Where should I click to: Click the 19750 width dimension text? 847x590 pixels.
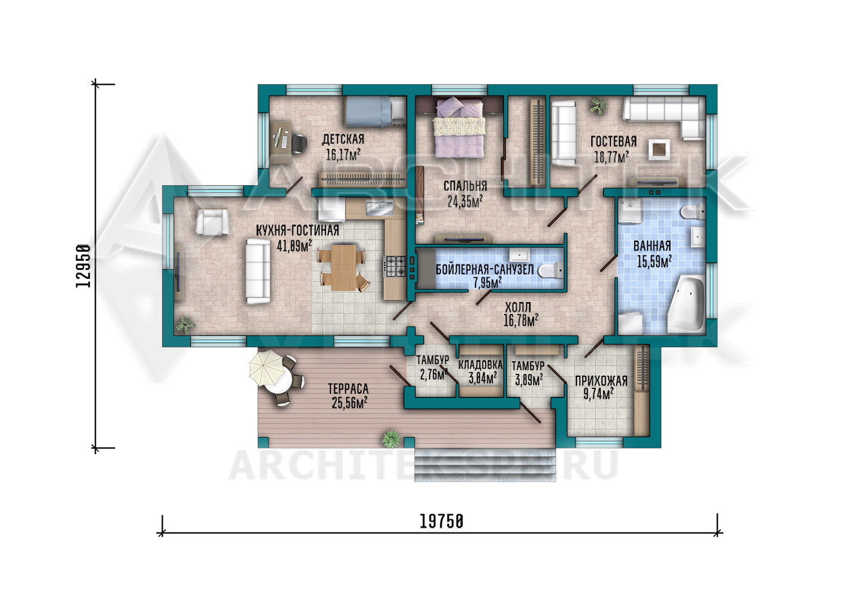441,522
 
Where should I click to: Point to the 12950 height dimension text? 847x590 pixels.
83,266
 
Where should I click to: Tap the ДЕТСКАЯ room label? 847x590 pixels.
343,139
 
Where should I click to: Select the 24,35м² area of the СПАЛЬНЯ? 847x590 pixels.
465,202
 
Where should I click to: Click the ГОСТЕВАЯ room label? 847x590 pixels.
613,142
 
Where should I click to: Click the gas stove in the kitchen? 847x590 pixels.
394,267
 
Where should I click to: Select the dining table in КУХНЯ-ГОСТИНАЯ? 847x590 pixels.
344,267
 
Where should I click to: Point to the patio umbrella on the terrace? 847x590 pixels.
267,368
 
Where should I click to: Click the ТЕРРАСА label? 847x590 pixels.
348,388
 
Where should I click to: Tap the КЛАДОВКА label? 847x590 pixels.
480,365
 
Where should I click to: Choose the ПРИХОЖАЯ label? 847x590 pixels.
601,381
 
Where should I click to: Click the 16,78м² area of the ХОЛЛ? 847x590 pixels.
521,321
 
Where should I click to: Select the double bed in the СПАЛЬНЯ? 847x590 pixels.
459,127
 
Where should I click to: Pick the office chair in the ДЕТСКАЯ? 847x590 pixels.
299,143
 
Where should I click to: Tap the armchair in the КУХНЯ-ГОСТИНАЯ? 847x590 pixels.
212,222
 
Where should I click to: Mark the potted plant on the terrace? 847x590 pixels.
391,439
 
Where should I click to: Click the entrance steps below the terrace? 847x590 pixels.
485,465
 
